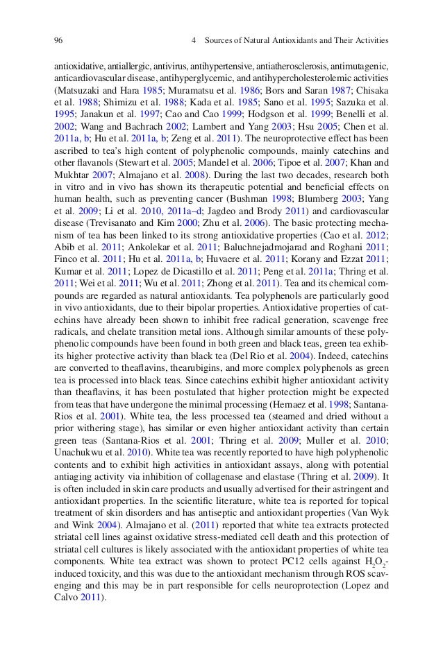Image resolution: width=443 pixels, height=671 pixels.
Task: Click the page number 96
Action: coord(58,40)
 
